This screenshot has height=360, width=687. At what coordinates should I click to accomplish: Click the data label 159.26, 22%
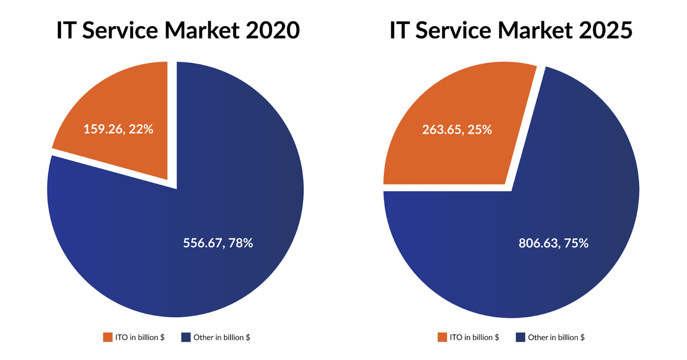click(x=118, y=129)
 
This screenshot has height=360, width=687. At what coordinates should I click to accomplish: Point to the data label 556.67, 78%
click(x=218, y=243)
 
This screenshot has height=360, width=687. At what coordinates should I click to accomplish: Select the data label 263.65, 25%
click(x=457, y=130)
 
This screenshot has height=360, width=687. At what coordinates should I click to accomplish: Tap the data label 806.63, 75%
click(x=553, y=243)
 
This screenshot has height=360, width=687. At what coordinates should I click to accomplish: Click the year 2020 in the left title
click(x=273, y=30)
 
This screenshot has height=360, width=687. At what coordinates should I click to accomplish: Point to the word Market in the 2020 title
click(x=202, y=30)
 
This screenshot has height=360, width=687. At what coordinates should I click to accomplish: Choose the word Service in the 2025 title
click(x=453, y=30)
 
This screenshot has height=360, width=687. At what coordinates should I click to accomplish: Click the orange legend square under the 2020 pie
click(x=108, y=337)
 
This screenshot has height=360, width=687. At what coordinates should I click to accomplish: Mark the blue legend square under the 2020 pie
click(x=186, y=337)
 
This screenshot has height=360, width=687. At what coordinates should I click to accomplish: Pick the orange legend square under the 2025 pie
click(x=442, y=337)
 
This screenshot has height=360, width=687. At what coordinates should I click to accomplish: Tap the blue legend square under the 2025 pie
click(x=520, y=337)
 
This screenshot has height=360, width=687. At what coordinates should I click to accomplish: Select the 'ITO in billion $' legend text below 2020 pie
click(x=140, y=337)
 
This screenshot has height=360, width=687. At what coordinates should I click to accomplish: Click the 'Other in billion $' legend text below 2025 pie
click(x=556, y=337)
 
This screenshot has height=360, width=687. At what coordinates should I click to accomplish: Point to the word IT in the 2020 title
click(x=66, y=30)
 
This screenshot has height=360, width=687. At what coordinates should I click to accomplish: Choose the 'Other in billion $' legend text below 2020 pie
click(x=222, y=337)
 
